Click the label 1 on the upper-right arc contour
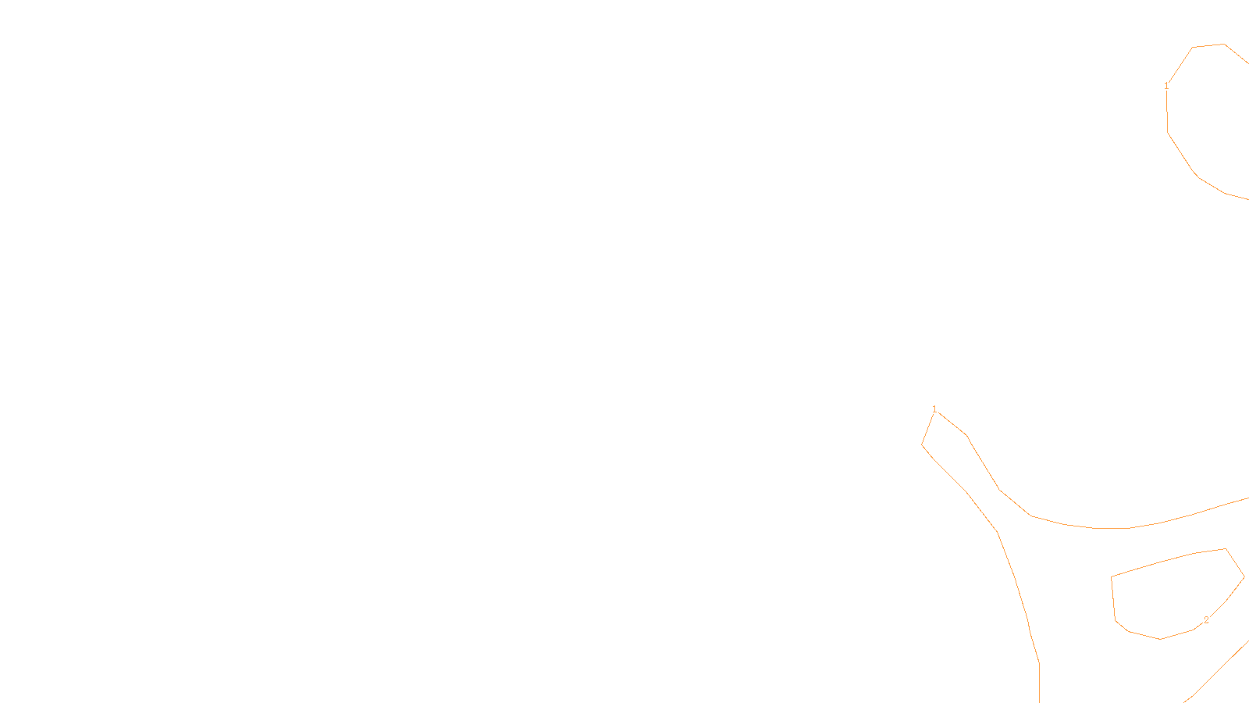coord(1166,86)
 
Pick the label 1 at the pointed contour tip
coord(934,409)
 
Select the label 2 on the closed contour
coord(1206,620)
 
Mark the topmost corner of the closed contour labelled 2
coord(1226,548)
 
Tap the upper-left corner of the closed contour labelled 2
coord(1112,577)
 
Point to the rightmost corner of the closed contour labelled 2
coord(1244,578)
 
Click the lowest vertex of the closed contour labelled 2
coord(1161,639)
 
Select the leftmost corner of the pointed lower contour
coord(922,444)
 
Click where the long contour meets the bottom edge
coord(1039,701)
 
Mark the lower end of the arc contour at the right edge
coord(1247,199)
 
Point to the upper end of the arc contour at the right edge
coord(1247,62)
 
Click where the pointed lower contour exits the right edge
coord(1247,498)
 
